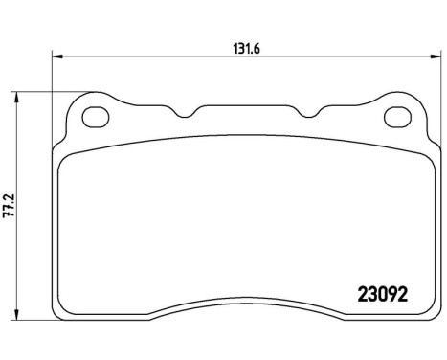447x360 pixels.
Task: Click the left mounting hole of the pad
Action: pos(96,119)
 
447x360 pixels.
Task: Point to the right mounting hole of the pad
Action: pos(396,119)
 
